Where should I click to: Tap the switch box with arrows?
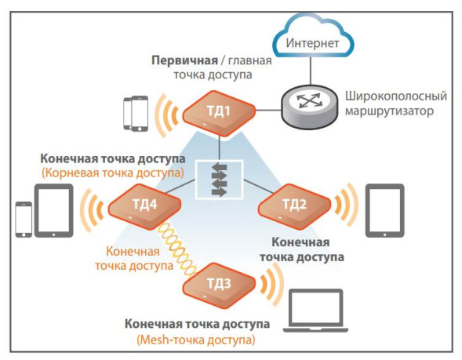(220, 180)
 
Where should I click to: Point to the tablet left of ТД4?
(55, 210)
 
